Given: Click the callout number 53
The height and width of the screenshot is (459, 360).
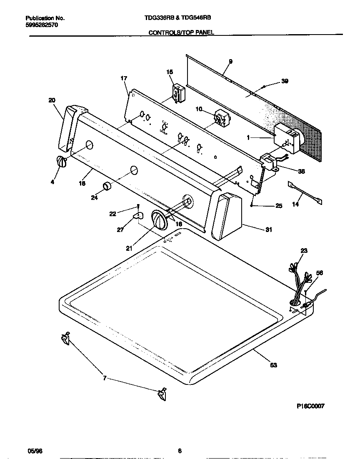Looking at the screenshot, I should click(273, 365).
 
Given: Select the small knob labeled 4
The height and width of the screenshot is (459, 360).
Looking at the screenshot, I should click(61, 162).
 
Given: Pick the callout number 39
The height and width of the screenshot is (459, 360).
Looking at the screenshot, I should click(285, 81).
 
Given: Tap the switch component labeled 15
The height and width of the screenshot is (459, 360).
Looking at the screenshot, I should click(178, 92).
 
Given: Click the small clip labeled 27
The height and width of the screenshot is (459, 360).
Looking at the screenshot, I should click(138, 215).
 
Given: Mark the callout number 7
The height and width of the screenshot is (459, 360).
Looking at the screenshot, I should click(105, 378).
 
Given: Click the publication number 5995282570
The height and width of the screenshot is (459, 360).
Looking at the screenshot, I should click(42, 25).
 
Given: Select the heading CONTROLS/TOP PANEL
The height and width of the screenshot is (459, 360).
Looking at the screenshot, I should click(181, 32).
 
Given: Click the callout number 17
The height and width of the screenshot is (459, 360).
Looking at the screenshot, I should click(123, 78).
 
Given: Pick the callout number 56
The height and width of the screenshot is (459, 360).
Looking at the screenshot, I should click(319, 273).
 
